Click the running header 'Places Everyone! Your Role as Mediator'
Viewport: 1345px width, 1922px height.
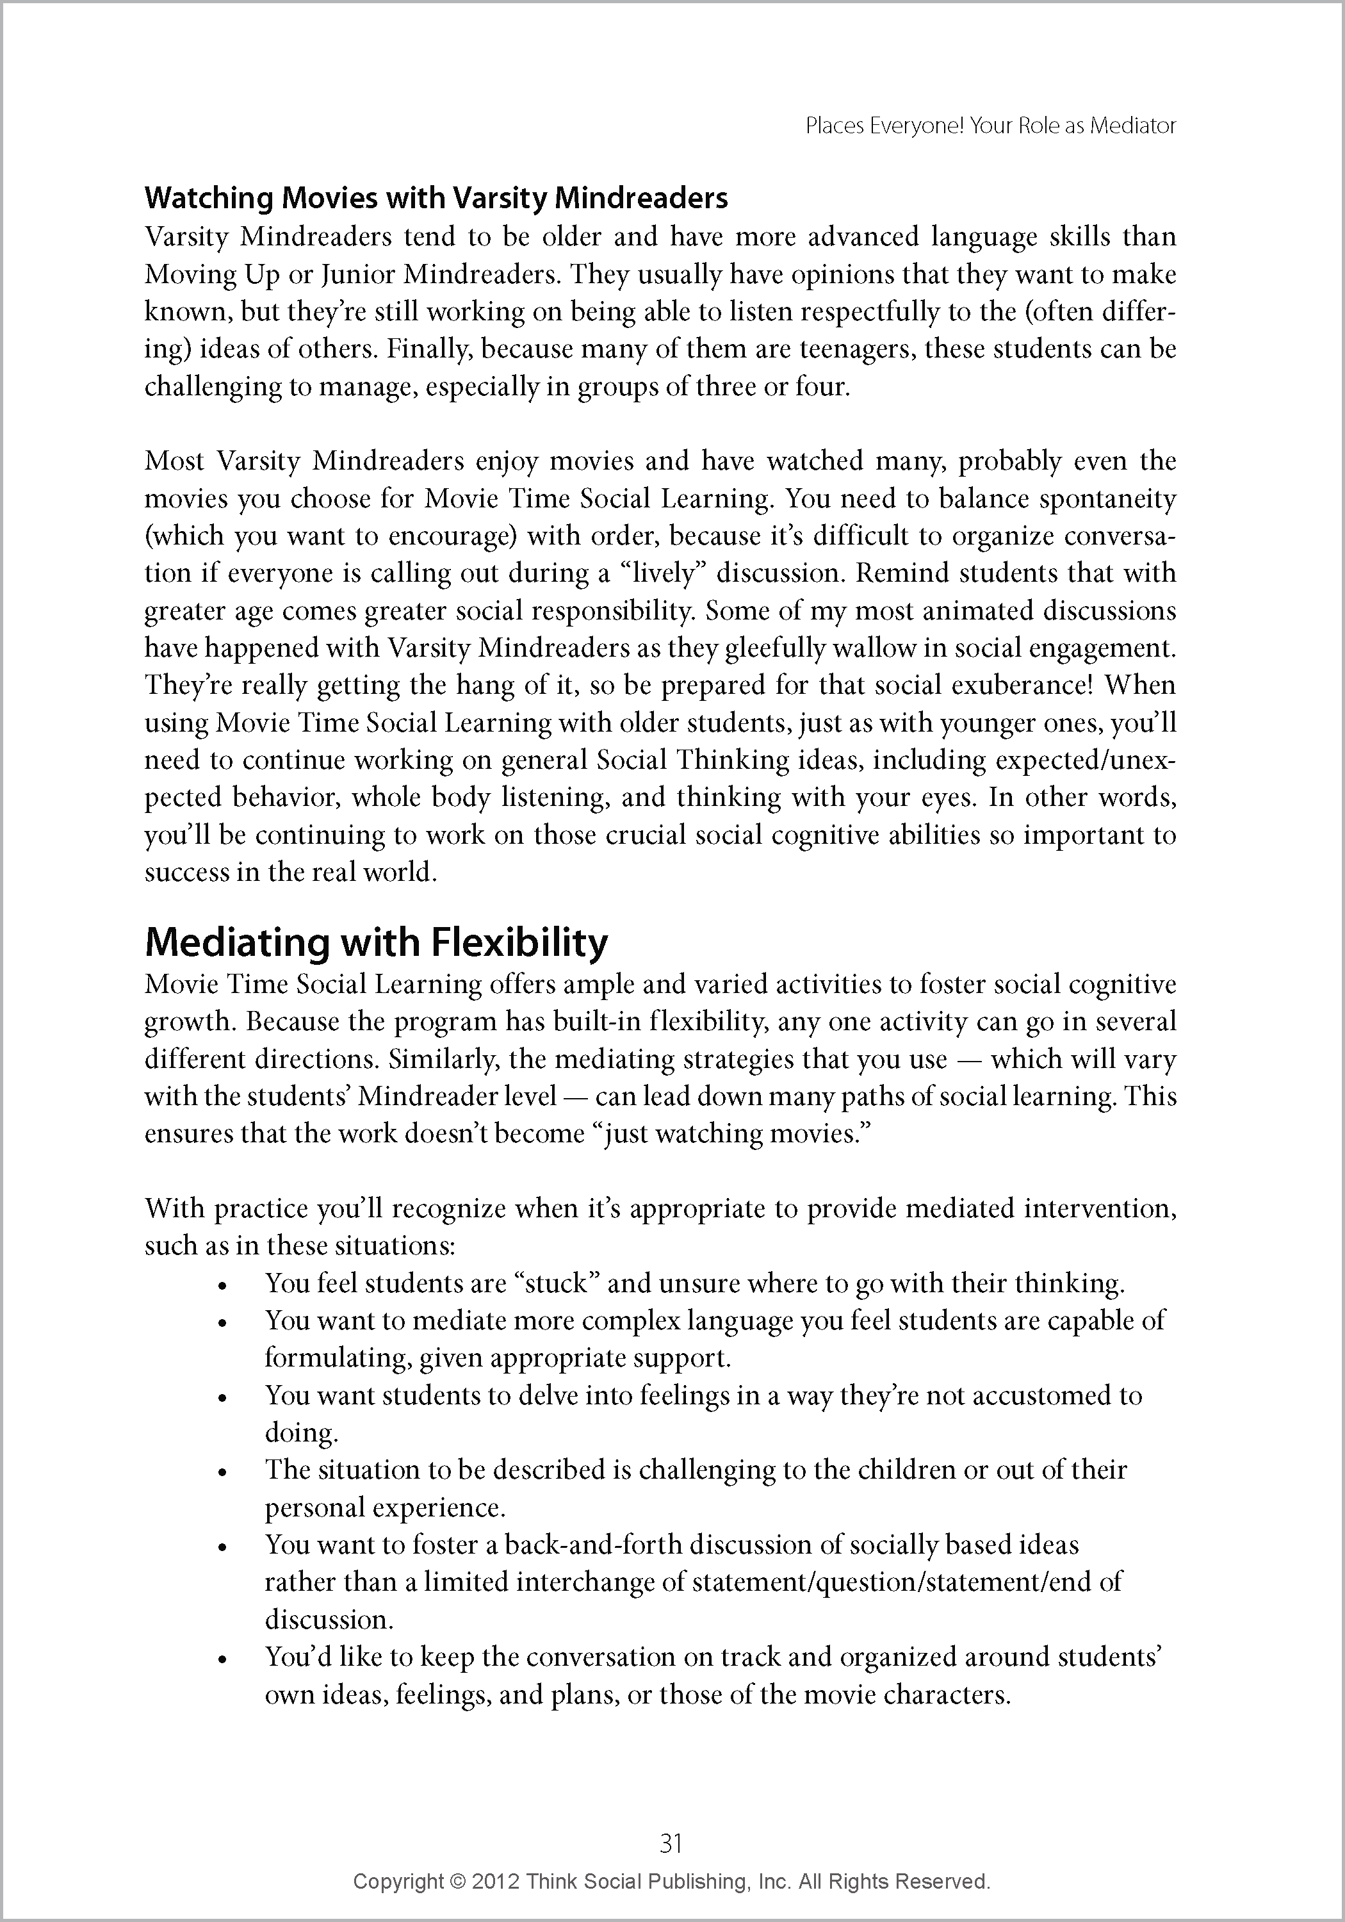[x=990, y=126]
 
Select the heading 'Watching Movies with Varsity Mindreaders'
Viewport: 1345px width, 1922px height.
[x=436, y=199]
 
